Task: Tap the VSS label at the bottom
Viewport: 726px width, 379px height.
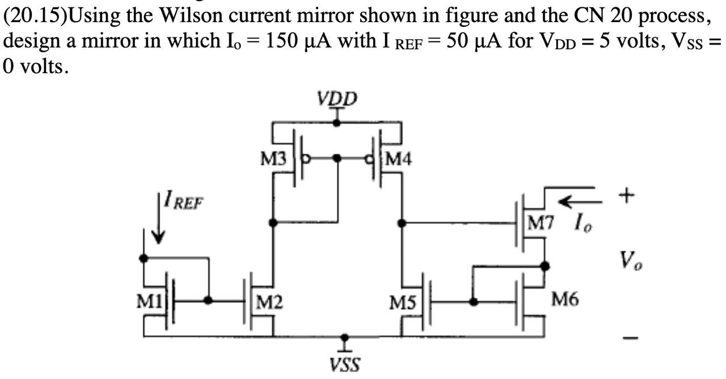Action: tap(345, 364)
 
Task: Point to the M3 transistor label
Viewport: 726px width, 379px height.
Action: tap(273, 159)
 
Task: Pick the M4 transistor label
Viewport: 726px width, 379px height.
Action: tap(398, 159)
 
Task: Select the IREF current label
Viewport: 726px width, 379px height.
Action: tap(183, 201)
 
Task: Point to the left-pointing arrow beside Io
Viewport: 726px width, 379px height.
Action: tap(576, 201)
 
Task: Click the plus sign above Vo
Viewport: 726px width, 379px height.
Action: tap(626, 195)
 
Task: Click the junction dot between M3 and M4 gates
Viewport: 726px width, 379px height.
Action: tap(337, 158)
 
